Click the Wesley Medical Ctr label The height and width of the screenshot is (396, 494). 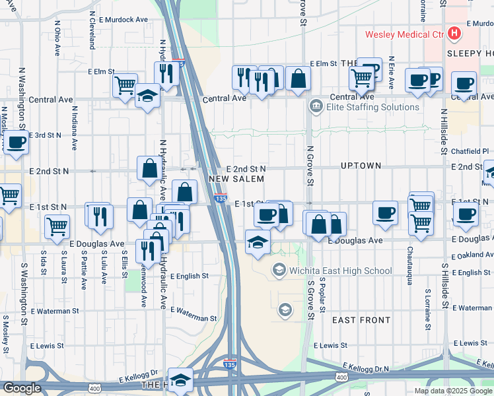coord(406,34)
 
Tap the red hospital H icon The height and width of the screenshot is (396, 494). coord(454,33)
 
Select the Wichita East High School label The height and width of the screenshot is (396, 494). coord(341,271)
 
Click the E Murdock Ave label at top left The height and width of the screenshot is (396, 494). coord(123,20)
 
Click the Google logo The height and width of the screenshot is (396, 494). coord(22,388)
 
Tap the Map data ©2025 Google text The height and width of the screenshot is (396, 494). coord(452,391)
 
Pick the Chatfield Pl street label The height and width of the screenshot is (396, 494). coord(470,151)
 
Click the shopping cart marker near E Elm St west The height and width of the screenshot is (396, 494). coord(124,85)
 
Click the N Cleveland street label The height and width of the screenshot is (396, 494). coord(92,33)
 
